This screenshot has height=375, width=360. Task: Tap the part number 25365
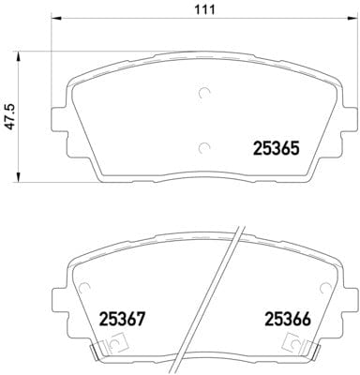click(276, 148)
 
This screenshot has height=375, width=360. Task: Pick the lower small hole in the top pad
click(205, 145)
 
